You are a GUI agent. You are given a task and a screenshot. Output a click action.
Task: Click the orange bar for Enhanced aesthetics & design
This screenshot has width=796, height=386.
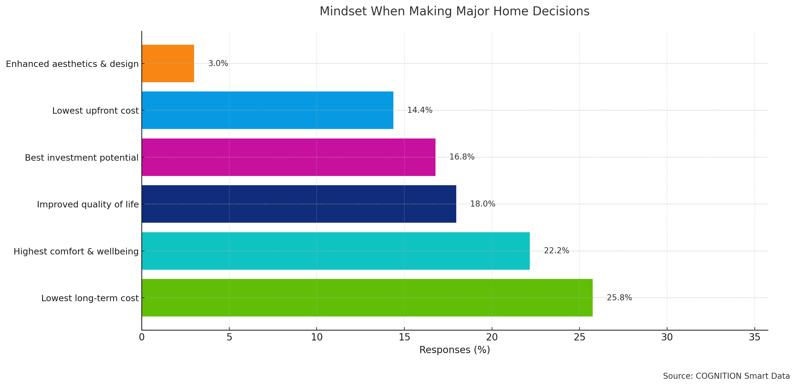coord(168,63)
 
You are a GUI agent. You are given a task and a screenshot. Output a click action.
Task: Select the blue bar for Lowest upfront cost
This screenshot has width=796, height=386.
coord(267,110)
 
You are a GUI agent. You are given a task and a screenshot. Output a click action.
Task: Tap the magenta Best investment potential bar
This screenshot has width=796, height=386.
coord(288,157)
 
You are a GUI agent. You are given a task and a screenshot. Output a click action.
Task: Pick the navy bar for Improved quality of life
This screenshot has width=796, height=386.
coord(299,204)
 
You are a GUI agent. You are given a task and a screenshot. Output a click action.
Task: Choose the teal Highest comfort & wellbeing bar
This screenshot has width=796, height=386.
coord(336,251)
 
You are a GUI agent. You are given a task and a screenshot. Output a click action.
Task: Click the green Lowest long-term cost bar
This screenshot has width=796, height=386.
coord(367,298)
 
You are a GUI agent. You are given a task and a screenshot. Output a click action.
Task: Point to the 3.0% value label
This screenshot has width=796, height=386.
coord(218,63)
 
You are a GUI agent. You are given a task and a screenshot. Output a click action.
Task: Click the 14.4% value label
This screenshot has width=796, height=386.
coord(419,110)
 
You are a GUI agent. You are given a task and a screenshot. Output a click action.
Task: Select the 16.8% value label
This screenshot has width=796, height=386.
coord(461,157)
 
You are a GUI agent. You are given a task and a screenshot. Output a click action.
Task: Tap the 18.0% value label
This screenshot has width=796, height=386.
coord(482,204)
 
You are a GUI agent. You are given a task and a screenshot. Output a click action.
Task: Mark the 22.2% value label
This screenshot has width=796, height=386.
coord(556,251)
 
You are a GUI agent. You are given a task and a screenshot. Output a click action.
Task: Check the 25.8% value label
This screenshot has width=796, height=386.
coord(619,298)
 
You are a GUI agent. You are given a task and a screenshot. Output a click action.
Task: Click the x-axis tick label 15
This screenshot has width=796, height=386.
coord(404,337)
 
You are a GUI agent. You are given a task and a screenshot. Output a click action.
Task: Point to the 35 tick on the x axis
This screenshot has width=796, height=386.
coord(754,337)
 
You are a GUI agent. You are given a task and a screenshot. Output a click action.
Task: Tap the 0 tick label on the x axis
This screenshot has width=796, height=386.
coord(142,337)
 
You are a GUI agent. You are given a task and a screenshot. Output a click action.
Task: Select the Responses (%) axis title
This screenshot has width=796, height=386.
coord(455,350)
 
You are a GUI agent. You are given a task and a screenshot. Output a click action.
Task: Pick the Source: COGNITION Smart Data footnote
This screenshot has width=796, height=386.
coord(726,376)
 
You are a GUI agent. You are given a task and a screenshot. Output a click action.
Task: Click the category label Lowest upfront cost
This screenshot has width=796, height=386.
coord(95,111)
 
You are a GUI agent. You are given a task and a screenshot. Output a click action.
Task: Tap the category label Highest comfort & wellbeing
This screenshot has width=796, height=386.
coord(76,252)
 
